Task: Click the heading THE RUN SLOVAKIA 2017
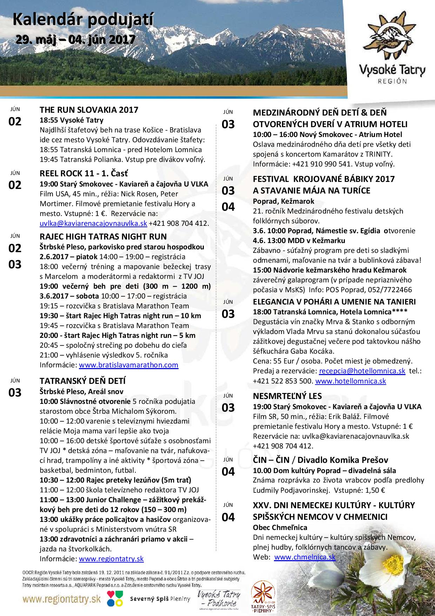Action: tap(89, 110)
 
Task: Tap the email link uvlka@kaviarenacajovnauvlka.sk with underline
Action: tap(93, 223)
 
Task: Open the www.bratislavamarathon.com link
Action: tap(128, 365)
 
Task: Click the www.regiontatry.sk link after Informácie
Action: tap(111, 559)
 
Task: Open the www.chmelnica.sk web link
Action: tap(304, 557)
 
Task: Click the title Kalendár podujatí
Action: tap(83, 21)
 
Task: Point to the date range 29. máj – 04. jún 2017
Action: tap(75, 39)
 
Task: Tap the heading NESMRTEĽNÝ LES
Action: tap(287, 396)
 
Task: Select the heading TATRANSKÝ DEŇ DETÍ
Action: tap(83, 381)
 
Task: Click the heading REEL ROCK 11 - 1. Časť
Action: tap(84, 173)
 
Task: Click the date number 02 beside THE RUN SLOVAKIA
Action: tap(15, 122)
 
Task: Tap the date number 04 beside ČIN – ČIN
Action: tap(228, 472)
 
